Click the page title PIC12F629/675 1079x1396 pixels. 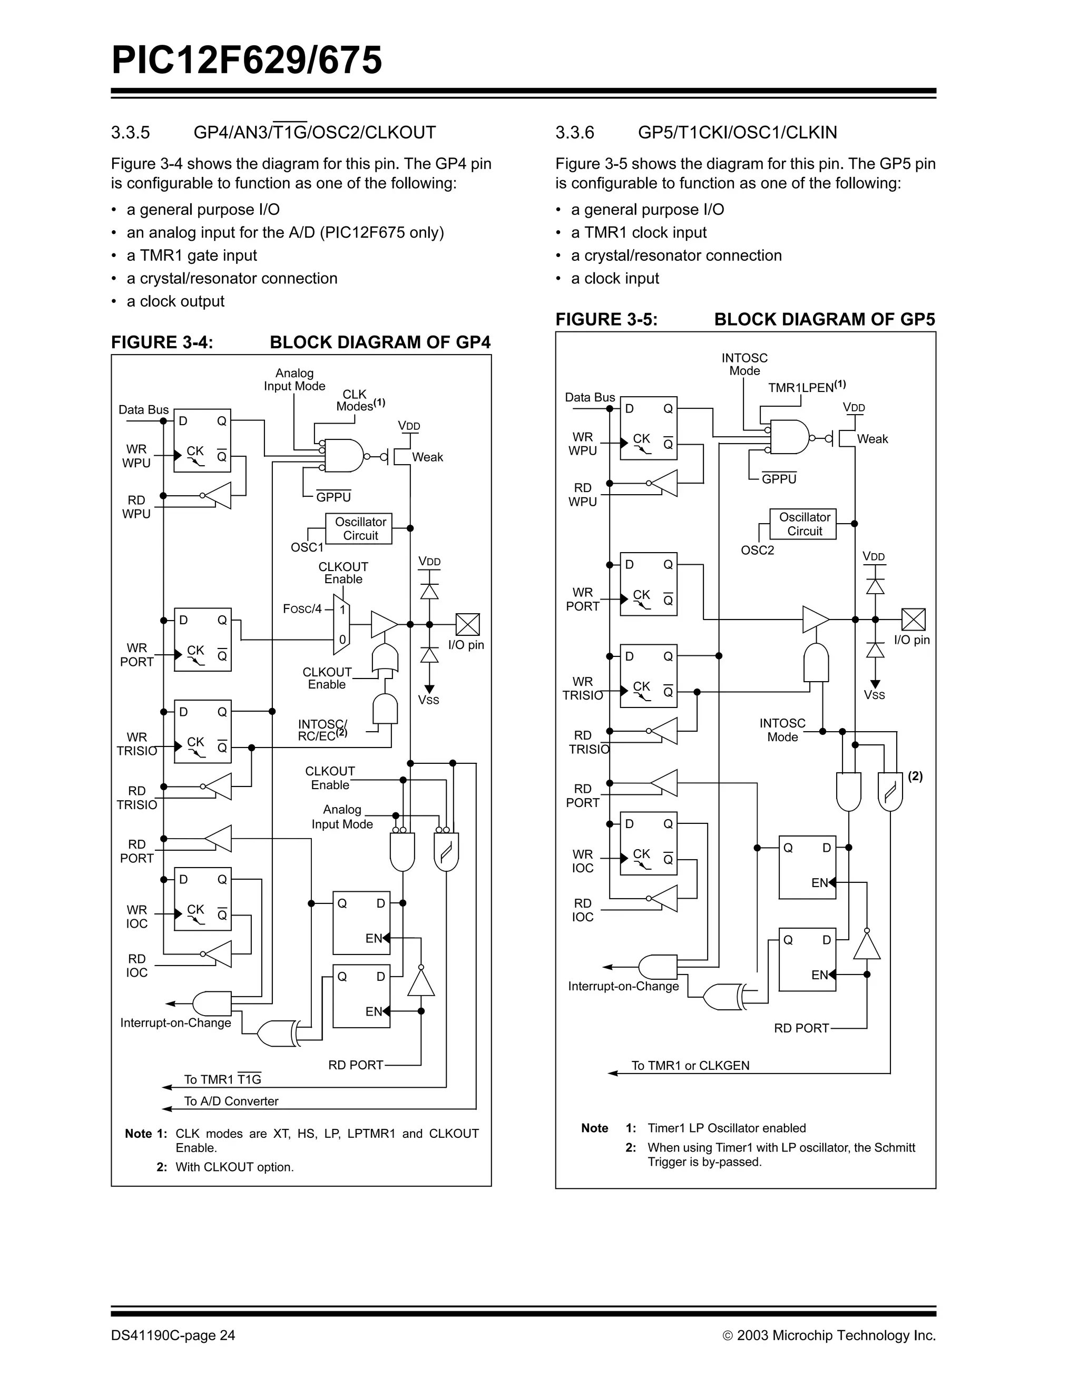pos(247,61)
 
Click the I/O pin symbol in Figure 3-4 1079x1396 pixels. pos(467,624)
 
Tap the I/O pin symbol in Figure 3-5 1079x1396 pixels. pos(913,620)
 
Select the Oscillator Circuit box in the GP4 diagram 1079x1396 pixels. pos(359,528)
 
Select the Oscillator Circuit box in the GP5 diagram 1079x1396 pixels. pos(803,524)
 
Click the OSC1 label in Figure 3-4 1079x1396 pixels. pos(307,548)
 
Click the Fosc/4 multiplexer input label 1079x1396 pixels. pos(302,609)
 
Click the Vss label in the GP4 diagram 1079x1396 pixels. pos(428,700)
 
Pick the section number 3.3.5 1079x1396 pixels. pos(131,132)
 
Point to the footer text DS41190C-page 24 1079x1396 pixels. pos(173,1335)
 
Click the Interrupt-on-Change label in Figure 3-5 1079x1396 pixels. pos(623,986)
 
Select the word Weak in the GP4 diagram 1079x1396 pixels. pos(427,457)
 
